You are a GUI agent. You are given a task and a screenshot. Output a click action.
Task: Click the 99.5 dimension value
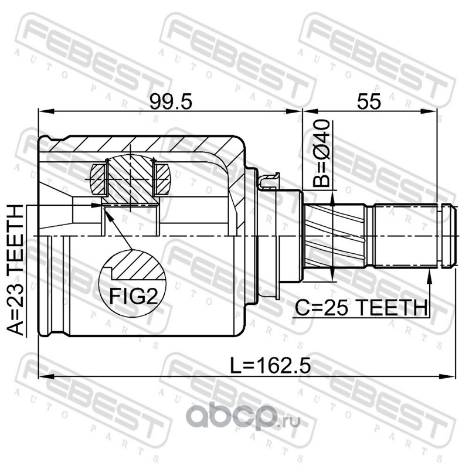click(x=170, y=101)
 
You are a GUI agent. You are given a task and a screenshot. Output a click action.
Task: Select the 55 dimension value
click(x=369, y=101)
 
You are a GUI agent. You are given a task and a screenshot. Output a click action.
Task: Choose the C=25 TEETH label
click(x=361, y=308)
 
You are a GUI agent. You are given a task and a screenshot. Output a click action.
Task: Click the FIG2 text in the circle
click(x=133, y=296)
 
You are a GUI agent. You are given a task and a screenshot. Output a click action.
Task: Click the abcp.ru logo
click(x=244, y=417)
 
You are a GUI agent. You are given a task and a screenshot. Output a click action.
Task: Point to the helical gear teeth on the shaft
click(x=334, y=236)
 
